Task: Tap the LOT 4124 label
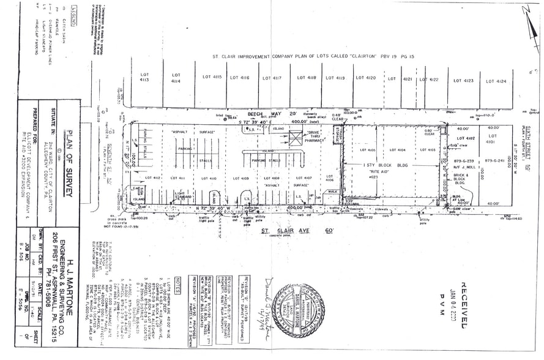click(x=501, y=81)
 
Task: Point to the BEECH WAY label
click(x=262, y=114)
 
